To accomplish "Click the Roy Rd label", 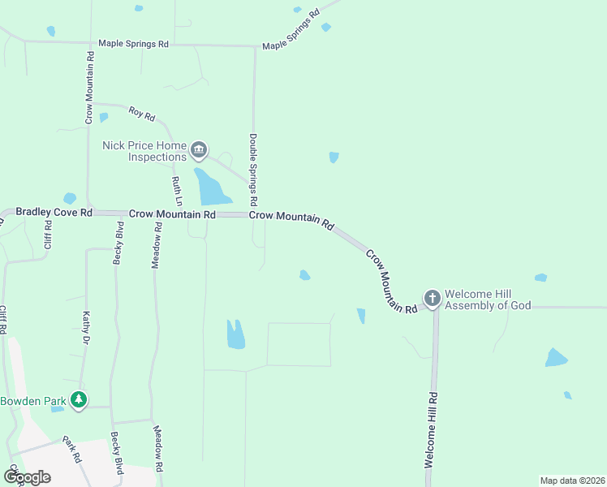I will pos(141,114).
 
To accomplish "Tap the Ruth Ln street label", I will pos(175,190).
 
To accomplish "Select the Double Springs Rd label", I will pos(253,169).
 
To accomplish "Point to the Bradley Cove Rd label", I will pos(54,212).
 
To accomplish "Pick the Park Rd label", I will pos(72,448).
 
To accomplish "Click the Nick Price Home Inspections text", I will pos(144,151).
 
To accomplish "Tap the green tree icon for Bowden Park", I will pos(78,399).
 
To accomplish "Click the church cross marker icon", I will pos(432,298).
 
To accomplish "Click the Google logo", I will pos(27,476).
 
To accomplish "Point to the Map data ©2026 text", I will pos(572,481).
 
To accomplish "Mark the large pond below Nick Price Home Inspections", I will pos(211,188).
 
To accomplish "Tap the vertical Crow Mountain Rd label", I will pos(91,88).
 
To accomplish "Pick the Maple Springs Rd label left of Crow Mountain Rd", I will pos(133,43).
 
